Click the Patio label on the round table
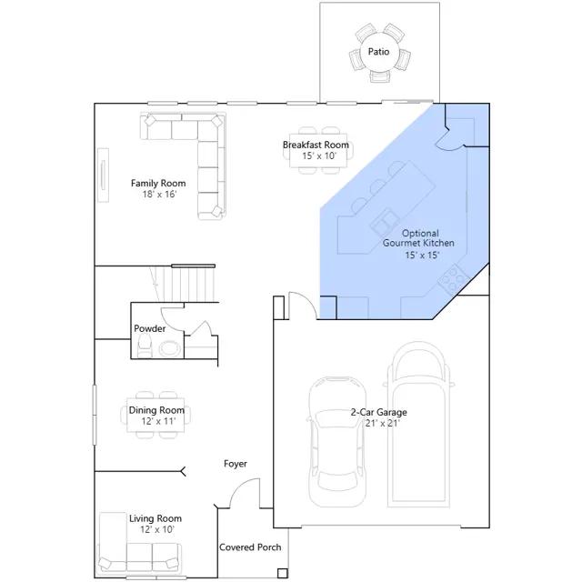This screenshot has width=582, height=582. point(378,52)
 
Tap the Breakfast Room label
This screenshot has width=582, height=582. point(316,145)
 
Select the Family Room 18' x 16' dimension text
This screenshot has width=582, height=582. point(159,194)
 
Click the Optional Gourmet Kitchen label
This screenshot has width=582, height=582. point(418,238)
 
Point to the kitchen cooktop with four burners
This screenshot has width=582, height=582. point(453,278)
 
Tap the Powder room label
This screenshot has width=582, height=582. point(149,328)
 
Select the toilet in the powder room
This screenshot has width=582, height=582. point(145,346)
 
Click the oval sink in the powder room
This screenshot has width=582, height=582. point(170,348)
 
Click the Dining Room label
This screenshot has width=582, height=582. point(156,410)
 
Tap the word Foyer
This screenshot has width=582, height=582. point(236,464)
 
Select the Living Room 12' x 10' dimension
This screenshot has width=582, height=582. point(157,529)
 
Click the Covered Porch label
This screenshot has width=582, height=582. point(250,547)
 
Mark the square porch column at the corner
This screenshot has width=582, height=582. point(283,574)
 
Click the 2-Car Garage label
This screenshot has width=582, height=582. point(378,412)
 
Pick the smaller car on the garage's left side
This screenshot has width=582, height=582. point(337,442)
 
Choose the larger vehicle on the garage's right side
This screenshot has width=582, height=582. point(418,425)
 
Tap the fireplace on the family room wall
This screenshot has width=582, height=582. point(103,176)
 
